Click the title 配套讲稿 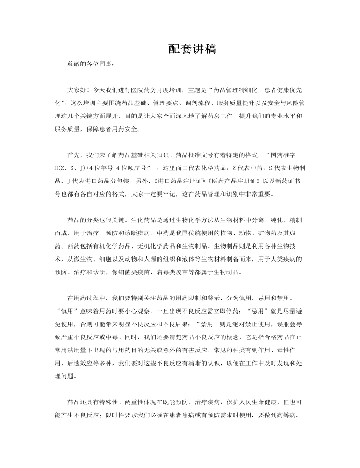tap(192, 49)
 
